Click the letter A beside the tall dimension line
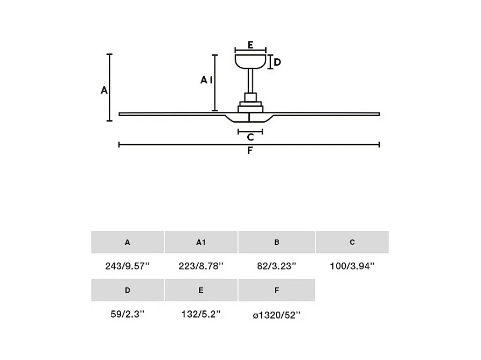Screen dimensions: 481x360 tap(104, 90)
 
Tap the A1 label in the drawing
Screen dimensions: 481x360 tap(206, 80)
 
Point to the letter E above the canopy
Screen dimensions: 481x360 tap(250, 45)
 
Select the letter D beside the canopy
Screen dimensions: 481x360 tap(277, 62)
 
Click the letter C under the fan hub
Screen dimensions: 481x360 tap(250, 137)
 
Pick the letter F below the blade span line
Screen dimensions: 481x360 tap(250, 151)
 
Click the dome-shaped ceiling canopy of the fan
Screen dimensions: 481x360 tap(250, 61)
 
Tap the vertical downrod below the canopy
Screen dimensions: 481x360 tap(250, 81)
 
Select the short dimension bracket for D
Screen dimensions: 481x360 tap(270, 62)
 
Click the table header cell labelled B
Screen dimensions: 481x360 tap(277, 242)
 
